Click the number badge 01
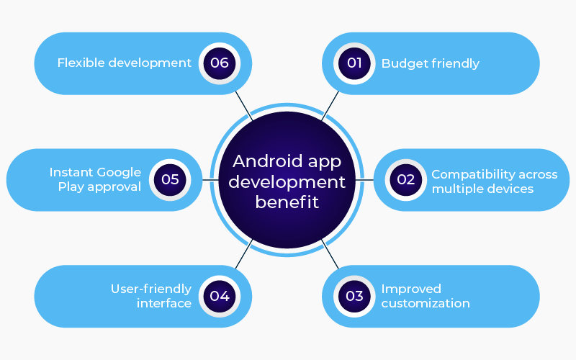[x=354, y=63]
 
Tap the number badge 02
[x=406, y=180]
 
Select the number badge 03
[x=354, y=296]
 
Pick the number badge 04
[x=220, y=296]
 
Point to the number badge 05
[x=170, y=180]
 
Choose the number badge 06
[x=220, y=63]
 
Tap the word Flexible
[x=81, y=63]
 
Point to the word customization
[x=426, y=303]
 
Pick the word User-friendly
[x=151, y=289]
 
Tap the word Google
[x=120, y=173]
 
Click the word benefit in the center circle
[x=287, y=202]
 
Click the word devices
[x=508, y=189]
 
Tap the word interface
[x=164, y=303]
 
